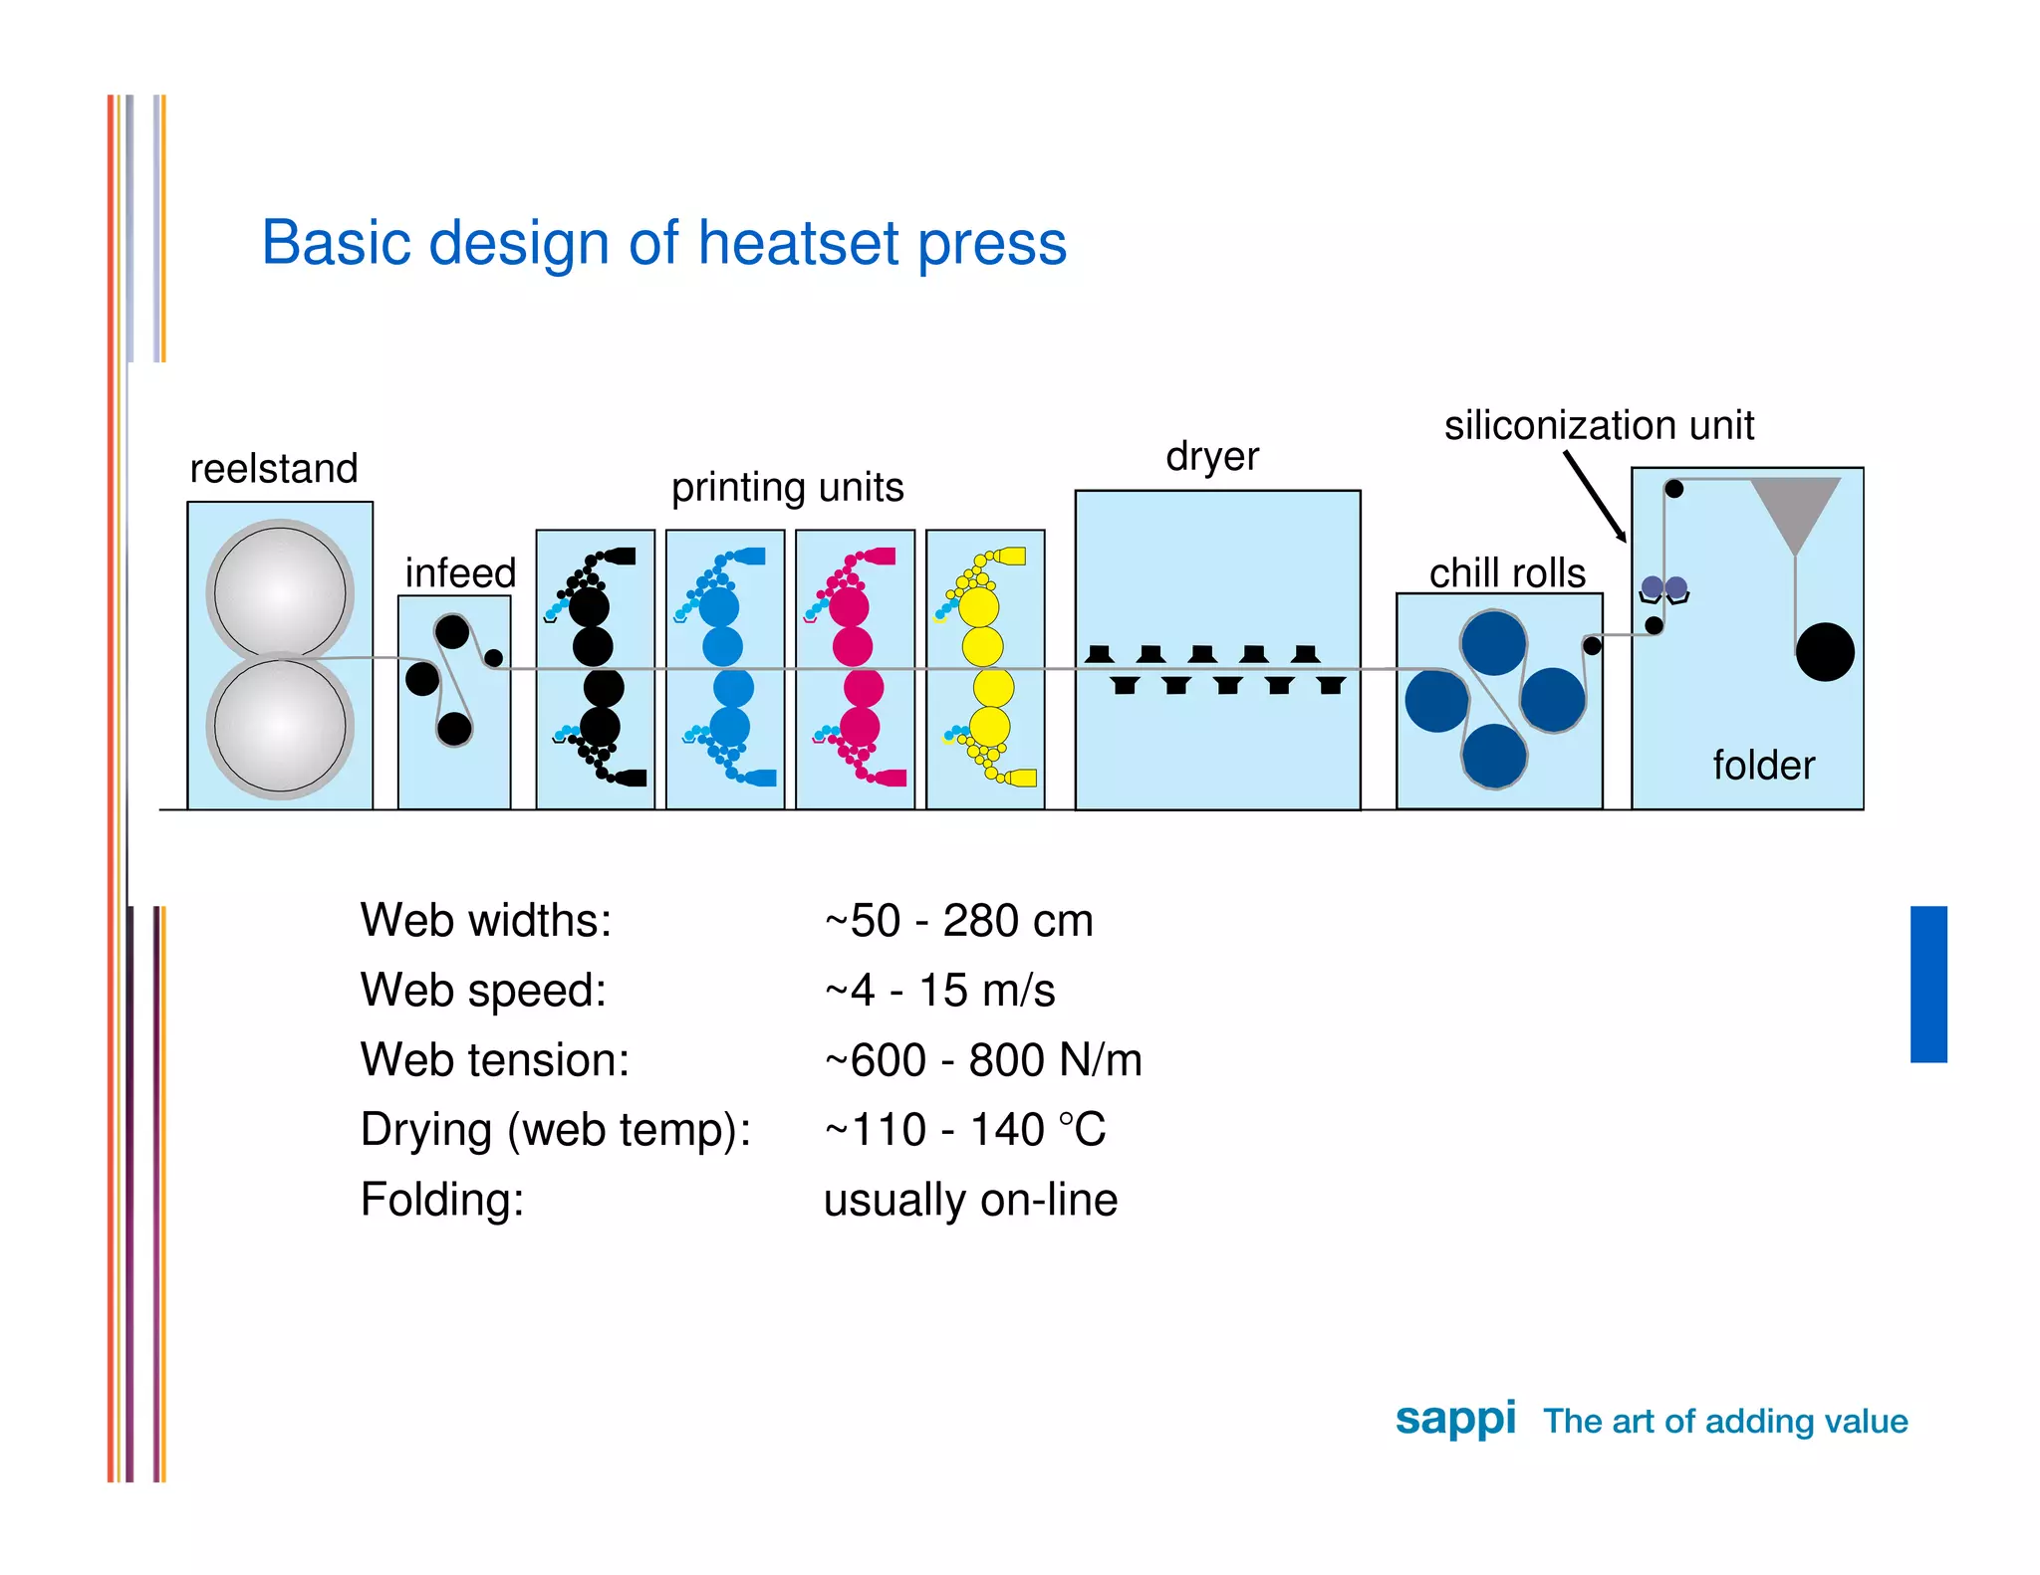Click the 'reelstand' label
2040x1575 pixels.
274,468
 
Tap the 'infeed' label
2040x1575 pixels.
460,573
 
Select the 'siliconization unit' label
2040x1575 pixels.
1598,425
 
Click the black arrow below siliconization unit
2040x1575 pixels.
1594,496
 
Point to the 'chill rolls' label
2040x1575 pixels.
1507,573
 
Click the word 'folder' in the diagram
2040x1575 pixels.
1763,766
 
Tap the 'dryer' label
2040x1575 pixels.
1212,456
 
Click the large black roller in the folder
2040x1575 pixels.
1825,652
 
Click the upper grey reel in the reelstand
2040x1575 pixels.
280,591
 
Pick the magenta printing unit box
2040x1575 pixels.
855,668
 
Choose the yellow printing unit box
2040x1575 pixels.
985,668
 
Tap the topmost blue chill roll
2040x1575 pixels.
1493,643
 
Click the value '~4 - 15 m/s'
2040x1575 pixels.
939,991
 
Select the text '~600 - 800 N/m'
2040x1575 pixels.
983,1060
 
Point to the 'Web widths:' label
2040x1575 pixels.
486,920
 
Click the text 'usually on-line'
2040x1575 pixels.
970,1200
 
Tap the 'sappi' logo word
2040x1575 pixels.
1455,1419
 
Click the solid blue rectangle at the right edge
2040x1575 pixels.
1927,984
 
